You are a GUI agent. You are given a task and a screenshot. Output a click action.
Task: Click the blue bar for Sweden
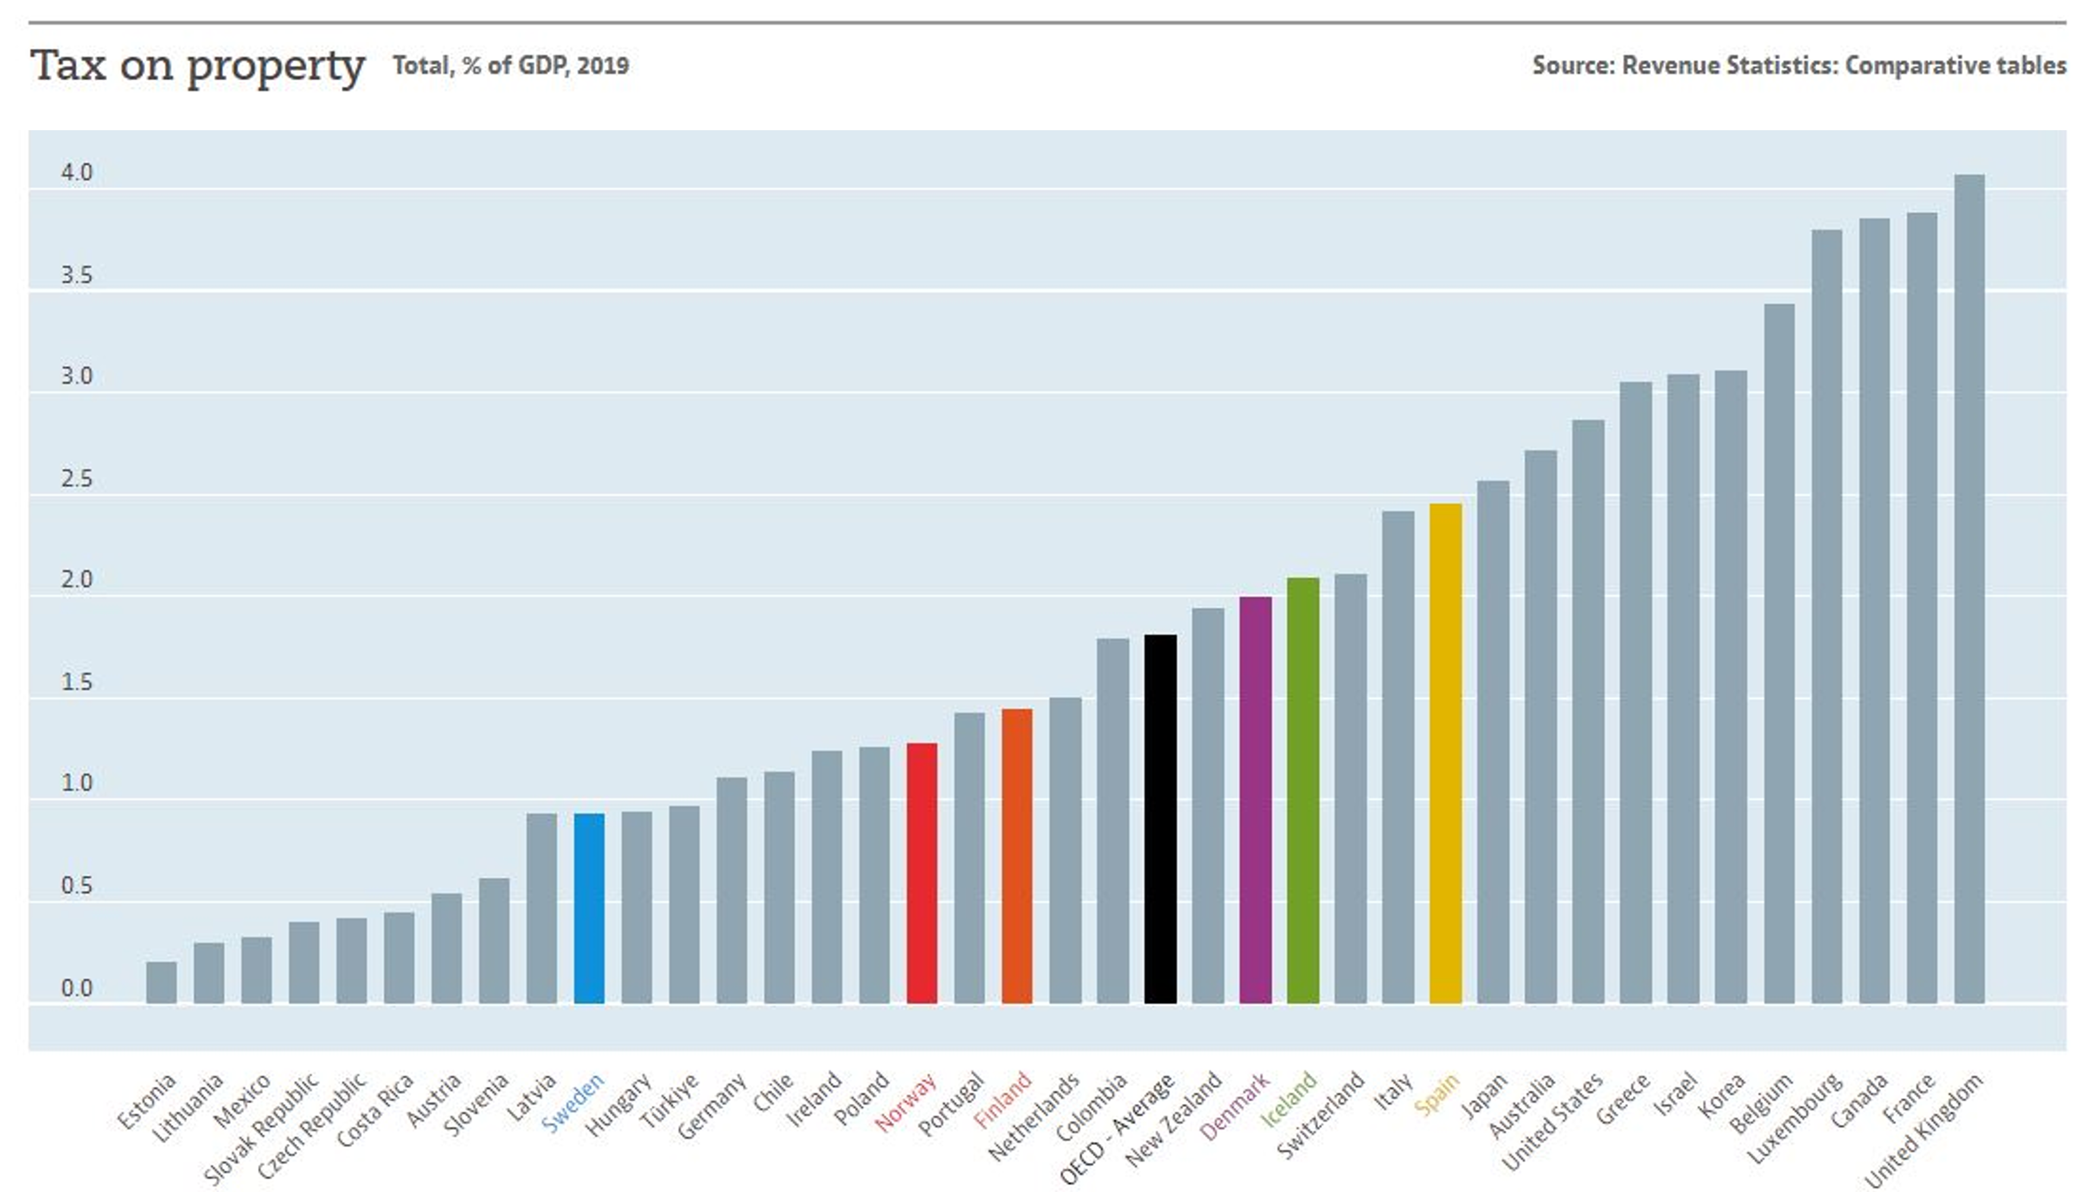click(589, 909)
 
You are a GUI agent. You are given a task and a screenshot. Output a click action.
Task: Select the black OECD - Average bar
click(1160, 819)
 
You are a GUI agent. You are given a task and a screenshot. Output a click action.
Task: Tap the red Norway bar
click(922, 873)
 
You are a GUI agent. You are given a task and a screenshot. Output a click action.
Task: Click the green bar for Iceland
click(1303, 790)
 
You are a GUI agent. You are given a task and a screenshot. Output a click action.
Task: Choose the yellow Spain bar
click(1446, 753)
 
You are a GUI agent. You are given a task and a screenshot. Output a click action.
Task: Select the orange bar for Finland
click(1017, 856)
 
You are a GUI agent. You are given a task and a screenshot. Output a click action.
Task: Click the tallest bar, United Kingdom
click(1969, 589)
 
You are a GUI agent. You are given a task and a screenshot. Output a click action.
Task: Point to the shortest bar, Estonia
click(161, 982)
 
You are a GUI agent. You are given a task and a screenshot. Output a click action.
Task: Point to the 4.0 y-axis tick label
click(77, 173)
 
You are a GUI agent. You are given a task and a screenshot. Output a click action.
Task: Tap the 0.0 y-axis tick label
click(77, 989)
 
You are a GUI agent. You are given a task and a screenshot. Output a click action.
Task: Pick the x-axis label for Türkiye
click(670, 1100)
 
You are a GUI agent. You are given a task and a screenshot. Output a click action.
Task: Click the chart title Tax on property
click(197, 65)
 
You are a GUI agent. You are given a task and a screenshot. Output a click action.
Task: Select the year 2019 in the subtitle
click(603, 65)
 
